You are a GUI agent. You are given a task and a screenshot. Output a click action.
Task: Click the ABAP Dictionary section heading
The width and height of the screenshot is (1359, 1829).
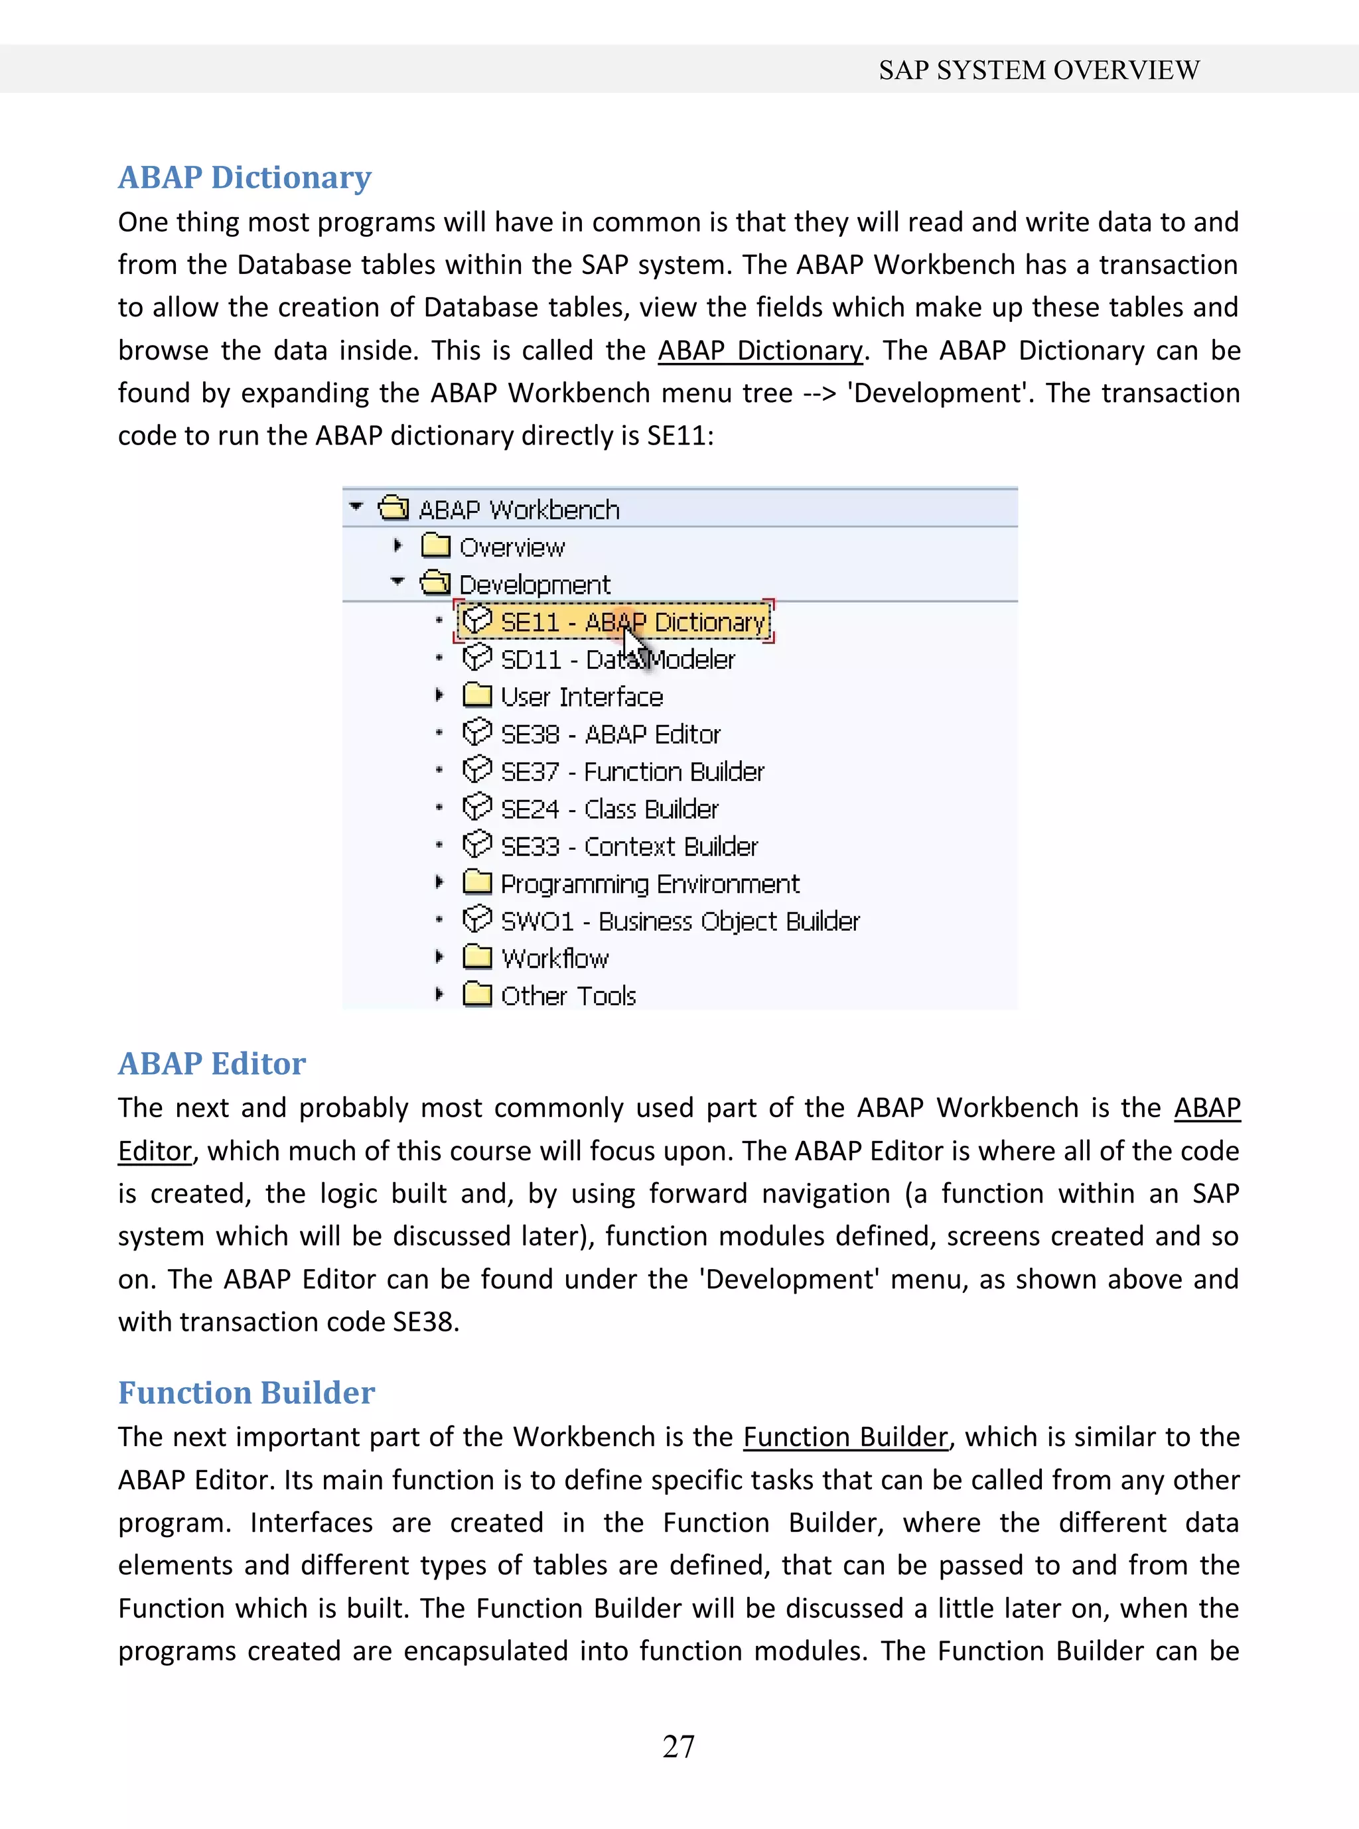[x=244, y=178]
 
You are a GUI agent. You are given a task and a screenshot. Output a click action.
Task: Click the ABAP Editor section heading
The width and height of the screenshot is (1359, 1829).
[x=212, y=1063]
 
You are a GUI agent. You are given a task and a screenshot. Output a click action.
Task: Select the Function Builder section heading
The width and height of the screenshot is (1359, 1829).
[x=246, y=1392]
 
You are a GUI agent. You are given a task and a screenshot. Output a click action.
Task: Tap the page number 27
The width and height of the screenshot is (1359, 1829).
[x=679, y=1746]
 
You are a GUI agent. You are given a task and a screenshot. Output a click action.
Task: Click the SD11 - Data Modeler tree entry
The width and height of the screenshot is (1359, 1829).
[x=617, y=659]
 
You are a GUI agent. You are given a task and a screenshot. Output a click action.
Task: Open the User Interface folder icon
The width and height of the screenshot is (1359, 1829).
[x=477, y=696]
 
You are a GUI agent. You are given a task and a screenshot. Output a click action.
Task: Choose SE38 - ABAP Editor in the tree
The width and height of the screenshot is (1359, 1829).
[x=610, y=734]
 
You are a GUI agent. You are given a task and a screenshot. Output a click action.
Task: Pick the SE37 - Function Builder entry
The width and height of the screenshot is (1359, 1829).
[x=632, y=772]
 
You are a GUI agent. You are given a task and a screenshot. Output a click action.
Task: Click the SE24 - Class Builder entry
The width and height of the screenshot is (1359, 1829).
[x=608, y=809]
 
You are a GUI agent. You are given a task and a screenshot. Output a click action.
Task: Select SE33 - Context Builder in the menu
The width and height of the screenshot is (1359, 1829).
[x=628, y=847]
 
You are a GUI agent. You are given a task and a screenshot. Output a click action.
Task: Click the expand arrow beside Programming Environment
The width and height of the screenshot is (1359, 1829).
[x=439, y=883]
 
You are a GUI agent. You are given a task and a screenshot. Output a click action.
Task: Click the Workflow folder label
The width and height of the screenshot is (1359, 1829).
[x=555, y=959]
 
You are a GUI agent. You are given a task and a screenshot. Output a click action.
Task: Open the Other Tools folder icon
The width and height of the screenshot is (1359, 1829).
[x=477, y=995]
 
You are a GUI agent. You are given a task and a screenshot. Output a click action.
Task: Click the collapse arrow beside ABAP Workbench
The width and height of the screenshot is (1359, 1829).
[x=356, y=508]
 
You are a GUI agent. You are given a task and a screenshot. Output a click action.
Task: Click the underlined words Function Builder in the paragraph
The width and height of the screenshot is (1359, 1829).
[x=845, y=1437]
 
